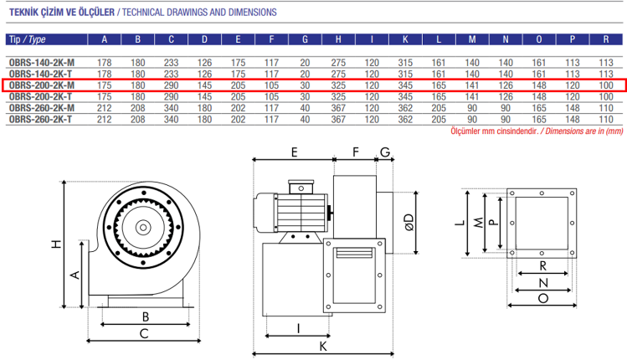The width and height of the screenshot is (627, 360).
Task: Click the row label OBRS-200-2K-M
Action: (41, 85)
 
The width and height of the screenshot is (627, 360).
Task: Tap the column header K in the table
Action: (405, 39)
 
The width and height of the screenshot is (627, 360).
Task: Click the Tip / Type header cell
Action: (28, 39)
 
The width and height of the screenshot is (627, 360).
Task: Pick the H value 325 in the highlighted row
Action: (338, 85)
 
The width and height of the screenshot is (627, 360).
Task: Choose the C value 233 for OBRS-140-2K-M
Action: (172, 62)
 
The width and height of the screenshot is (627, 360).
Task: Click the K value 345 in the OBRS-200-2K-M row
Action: (405, 85)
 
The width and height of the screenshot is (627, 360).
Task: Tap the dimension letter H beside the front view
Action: (55, 244)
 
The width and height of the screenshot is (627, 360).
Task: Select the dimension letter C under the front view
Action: (144, 333)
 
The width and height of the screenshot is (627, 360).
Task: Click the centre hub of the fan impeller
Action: (137, 226)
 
